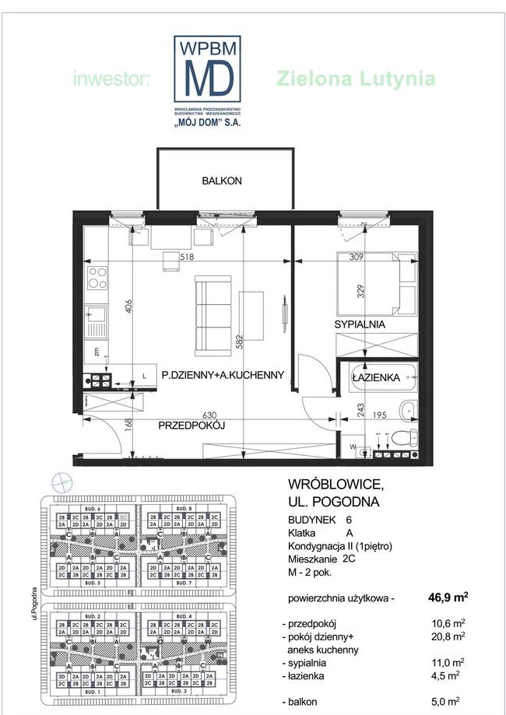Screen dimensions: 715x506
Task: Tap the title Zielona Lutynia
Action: [356, 79]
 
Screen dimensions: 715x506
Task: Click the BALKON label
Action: [222, 181]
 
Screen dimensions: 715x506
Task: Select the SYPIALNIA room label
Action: [360, 324]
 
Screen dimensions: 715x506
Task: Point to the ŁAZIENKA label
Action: [376, 377]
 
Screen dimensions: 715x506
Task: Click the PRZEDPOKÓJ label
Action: [192, 426]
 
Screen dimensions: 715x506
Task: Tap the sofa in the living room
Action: [211, 308]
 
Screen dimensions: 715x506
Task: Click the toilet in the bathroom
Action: [402, 437]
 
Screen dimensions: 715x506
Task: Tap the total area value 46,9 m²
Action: [448, 598]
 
